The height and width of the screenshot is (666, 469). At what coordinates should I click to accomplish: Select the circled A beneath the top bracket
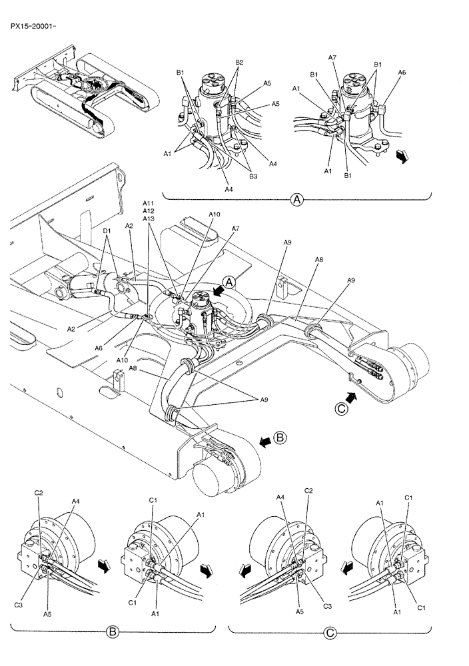tap(297, 198)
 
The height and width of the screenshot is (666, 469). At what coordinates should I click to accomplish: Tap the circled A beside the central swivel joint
tap(230, 282)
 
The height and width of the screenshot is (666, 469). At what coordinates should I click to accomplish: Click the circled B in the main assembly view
tap(280, 438)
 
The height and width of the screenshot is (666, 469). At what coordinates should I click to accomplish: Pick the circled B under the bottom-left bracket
tap(113, 630)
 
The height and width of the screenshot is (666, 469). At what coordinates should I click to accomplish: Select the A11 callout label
tap(148, 203)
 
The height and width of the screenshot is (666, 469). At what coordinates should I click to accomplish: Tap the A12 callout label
tap(148, 211)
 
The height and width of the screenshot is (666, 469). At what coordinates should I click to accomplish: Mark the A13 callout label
tap(148, 219)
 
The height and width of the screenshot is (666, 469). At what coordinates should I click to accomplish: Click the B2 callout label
tap(239, 63)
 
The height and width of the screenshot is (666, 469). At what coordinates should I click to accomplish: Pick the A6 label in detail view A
tap(402, 72)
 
